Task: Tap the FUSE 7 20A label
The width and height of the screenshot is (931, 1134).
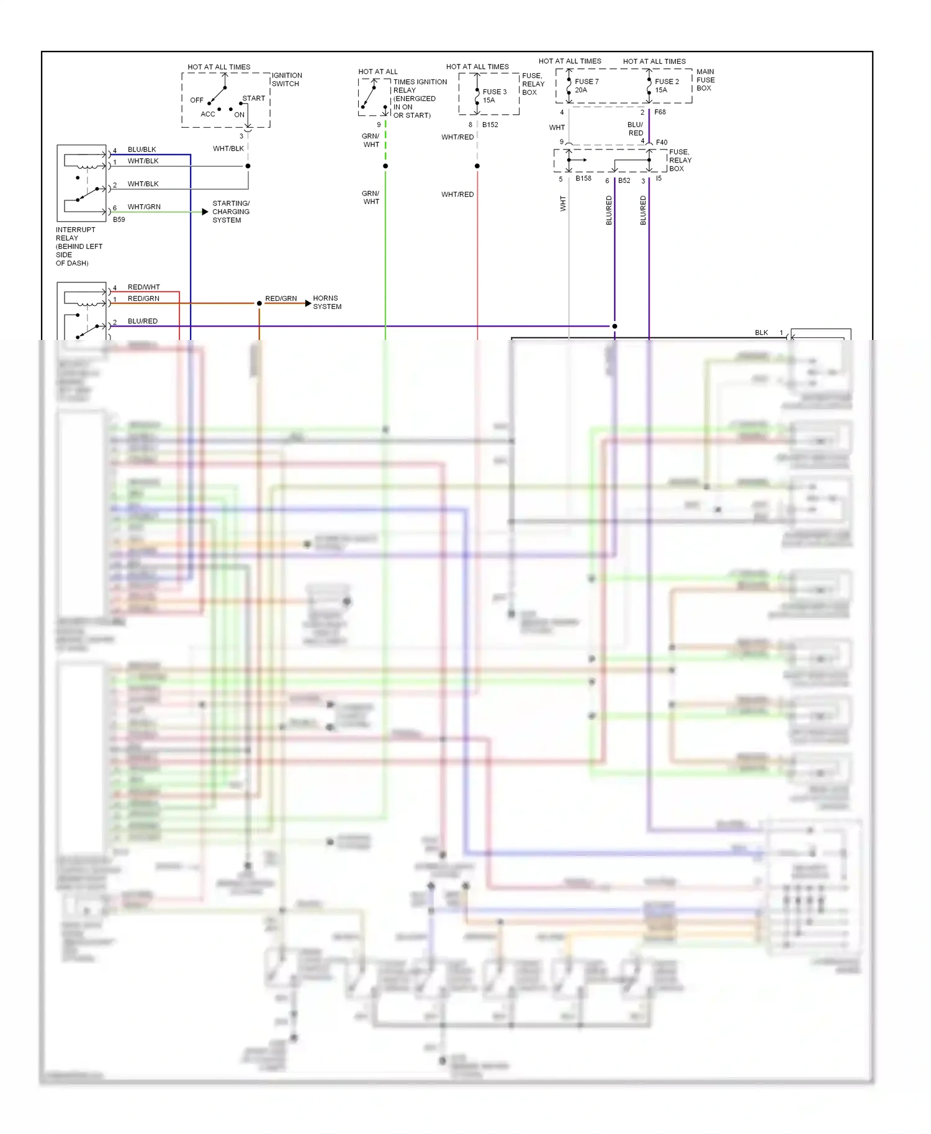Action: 586,86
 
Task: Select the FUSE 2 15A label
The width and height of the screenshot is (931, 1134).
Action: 667,86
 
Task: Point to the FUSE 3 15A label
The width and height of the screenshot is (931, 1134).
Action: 494,96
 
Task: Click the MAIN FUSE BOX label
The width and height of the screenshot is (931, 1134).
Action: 705,80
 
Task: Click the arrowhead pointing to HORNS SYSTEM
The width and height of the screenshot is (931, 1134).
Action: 308,303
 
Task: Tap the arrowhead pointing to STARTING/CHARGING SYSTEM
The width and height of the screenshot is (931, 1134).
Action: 205,212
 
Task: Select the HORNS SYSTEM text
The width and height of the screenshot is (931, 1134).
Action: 327,303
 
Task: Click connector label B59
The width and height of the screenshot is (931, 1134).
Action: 119,220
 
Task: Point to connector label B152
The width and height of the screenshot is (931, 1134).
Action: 490,125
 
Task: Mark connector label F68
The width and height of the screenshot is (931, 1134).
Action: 660,112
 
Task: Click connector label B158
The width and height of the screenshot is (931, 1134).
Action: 583,179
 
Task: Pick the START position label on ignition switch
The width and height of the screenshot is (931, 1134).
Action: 253,99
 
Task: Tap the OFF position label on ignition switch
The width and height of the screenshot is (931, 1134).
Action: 197,100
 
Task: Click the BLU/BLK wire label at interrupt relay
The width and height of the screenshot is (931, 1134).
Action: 142,150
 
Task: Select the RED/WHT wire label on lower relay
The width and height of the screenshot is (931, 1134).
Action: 144,287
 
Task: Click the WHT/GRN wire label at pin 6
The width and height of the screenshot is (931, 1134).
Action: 144,207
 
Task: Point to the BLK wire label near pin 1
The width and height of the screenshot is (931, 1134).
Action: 762,333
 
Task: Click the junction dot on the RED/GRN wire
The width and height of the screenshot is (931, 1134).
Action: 259,303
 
